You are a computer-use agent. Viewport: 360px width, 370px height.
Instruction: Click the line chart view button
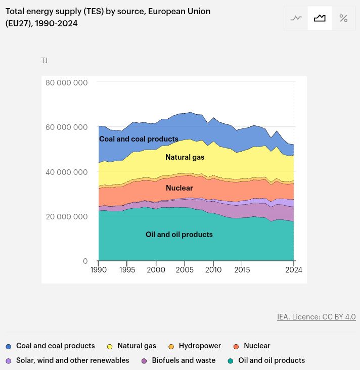296,18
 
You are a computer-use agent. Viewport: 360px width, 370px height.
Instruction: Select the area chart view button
320,18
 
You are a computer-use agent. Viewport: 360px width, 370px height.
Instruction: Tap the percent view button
343,18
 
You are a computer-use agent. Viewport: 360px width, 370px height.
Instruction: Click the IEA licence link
316,317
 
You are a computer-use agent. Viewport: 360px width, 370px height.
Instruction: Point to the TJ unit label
44,61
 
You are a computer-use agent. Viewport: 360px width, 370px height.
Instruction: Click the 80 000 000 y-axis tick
66,82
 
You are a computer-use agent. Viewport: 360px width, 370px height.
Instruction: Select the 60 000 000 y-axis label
66,127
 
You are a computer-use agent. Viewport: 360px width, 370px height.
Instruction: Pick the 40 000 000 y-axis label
66,172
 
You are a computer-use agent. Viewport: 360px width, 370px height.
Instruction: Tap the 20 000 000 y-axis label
66,216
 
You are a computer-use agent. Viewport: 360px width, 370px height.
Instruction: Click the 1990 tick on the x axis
99,270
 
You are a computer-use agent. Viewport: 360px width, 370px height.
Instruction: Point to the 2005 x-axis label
185,270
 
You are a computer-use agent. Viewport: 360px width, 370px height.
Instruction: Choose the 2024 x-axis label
294,270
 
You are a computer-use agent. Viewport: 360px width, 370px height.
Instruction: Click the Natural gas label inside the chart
185,157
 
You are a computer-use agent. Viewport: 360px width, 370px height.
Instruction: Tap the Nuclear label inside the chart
179,188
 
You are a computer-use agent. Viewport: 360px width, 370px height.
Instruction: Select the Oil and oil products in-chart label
179,235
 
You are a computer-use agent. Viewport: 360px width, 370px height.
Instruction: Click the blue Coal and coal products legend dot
9,347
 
